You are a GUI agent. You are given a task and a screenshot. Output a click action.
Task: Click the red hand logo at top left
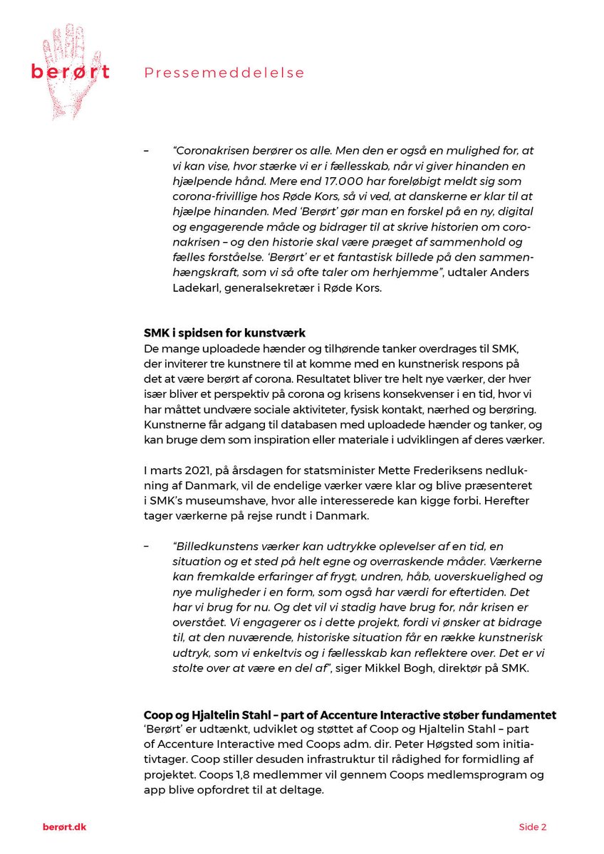pos(70,71)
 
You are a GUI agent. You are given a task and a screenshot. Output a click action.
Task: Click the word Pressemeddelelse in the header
pos(224,73)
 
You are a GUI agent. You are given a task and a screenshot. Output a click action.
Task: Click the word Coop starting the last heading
pos(157,715)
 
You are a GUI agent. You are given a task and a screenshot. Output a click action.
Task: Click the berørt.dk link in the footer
pos(64,827)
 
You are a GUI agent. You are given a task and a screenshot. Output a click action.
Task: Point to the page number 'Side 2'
pos(532,827)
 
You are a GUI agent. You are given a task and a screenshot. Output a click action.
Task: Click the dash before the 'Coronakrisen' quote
pos(147,150)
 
